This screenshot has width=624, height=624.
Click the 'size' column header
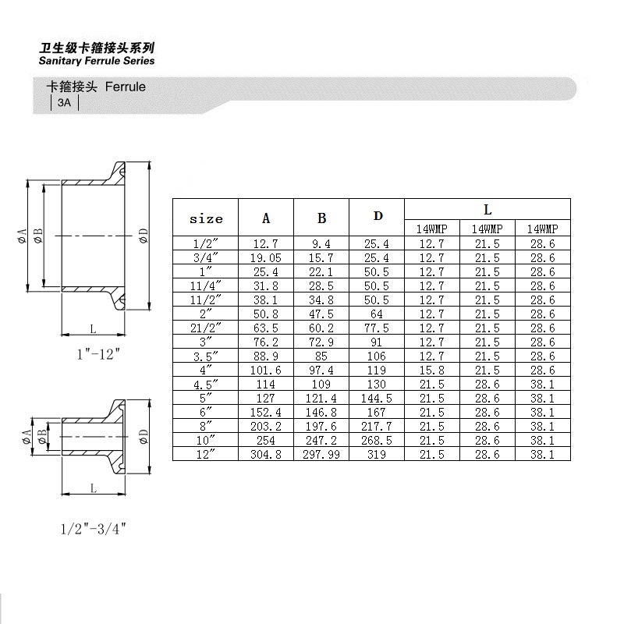tap(206, 219)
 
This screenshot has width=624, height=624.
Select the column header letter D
tap(378, 216)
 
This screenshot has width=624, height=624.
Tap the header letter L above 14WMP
tap(487, 210)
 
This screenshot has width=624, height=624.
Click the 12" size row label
tap(206, 454)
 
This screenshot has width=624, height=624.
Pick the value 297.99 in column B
tap(321, 454)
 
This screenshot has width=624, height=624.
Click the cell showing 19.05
tap(266, 257)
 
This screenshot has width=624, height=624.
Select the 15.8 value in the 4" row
tap(431, 370)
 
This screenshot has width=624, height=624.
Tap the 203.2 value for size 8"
tap(266, 426)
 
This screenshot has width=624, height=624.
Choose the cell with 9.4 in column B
tap(321, 243)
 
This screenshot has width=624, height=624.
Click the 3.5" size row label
tap(206, 356)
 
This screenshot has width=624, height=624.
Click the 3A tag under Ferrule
tap(64, 104)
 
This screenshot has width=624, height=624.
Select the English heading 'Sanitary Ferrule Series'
tap(97, 61)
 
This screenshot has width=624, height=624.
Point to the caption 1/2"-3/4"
tap(93, 529)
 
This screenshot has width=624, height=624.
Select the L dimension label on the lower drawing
tap(93, 488)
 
